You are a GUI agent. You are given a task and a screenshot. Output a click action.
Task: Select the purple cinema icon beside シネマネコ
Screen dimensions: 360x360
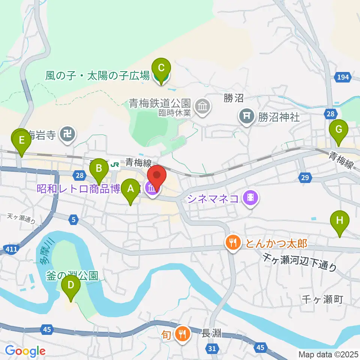(x=250, y=198)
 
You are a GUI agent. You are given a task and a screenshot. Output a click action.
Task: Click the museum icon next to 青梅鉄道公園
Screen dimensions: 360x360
(x=202, y=106)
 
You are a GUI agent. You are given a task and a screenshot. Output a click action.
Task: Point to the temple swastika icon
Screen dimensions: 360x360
(x=67, y=134)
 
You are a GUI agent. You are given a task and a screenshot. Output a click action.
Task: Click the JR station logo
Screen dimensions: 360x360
(x=115, y=164)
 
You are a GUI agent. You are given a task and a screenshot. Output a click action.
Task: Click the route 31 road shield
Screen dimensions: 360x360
(x=212, y=349)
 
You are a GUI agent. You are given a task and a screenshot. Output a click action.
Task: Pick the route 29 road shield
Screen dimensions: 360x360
(x=304, y=177)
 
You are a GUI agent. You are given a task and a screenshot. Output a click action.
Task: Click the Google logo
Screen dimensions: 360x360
(x=25, y=351)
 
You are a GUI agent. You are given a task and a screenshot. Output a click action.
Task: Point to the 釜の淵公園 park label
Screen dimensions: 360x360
(x=72, y=276)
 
